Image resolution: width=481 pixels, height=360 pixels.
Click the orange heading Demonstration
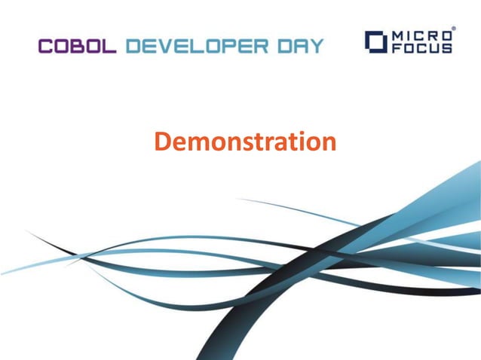(245, 141)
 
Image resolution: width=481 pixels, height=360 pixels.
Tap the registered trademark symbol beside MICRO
(453, 29)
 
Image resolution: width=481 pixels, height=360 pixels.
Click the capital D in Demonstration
(162, 141)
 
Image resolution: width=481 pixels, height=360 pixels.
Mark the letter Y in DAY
(318, 45)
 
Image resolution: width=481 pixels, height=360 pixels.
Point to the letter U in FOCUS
(436, 47)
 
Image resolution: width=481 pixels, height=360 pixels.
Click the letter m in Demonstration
(196, 143)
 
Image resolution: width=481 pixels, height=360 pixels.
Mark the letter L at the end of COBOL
(109, 45)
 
